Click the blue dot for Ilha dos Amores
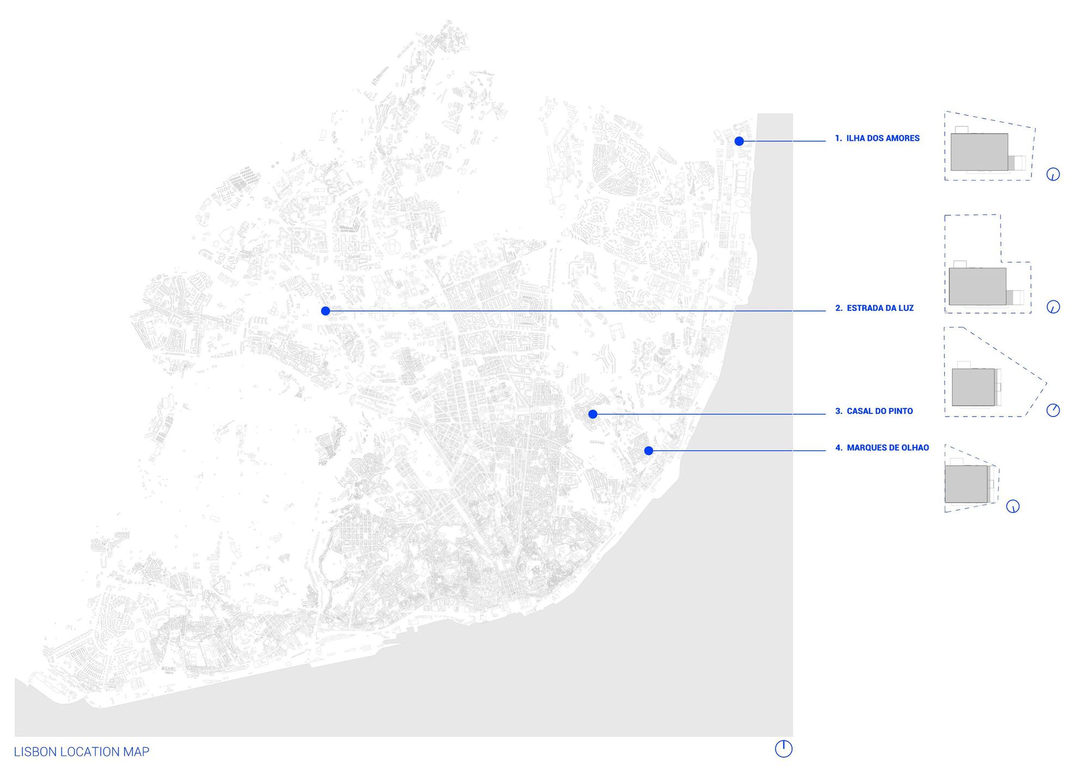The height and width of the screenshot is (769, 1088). click(x=739, y=141)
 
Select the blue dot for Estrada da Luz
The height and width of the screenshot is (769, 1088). click(x=325, y=311)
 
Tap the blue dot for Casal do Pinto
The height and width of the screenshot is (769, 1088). click(x=593, y=414)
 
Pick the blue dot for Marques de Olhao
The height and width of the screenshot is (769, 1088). click(x=648, y=451)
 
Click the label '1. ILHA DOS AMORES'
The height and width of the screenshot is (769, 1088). click(x=877, y=139)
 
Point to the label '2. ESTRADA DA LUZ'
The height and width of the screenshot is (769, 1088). click(x=874, y=308)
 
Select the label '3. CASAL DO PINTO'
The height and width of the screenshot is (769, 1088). click(x=874, y=412)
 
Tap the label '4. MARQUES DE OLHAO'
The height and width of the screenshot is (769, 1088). click(x=882, y=448)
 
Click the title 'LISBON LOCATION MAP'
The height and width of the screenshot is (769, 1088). click(x=82, y=752)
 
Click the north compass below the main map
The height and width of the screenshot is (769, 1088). click(x=783, y=749)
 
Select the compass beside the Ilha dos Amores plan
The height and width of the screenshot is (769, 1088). click(x=1053, y=175)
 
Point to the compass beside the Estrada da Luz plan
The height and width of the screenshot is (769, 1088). click(x=1053, y=307)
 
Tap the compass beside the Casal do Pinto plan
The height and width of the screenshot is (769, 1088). click(x=1053, y=410)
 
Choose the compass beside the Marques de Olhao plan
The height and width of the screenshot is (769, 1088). click(x=1012, y=507)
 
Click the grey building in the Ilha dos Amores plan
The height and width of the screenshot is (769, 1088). click(x=979, y=152)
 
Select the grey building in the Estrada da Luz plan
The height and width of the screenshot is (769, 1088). click(x=978, y=287)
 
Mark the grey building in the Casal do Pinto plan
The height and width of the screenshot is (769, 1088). click(x=973, y=387)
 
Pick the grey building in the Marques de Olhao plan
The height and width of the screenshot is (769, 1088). click(x=966, y=484)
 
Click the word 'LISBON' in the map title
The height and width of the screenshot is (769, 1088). click(x=35, y=752)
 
